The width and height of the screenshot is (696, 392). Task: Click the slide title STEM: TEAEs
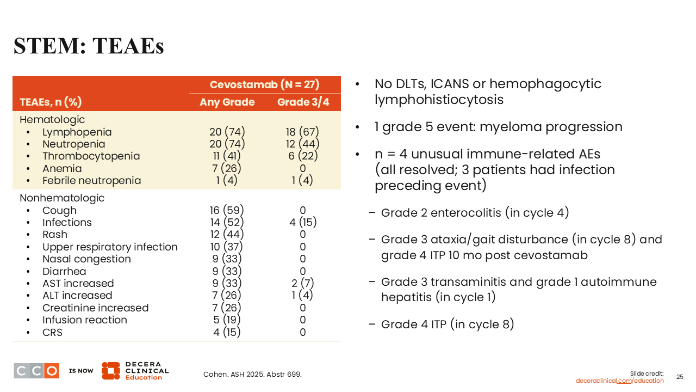tap(89, 46)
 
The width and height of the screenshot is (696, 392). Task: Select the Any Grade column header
tap(227, 102)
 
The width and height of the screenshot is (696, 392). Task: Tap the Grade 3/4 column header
tap(303, 102)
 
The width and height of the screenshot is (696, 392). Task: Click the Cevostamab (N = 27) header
tap(264, 85)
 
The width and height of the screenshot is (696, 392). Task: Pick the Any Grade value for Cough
tap(227, 211)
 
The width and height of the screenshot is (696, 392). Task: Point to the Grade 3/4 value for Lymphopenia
tap(302, 132)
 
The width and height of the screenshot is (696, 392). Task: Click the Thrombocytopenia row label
tap(91, 156)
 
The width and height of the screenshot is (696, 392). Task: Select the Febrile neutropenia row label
tap(91, 180)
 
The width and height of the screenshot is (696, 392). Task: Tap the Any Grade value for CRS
tap(227, 332)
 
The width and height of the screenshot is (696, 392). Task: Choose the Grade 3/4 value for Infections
tap(302, 223)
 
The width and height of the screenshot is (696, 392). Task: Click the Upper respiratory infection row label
tap(110, 247)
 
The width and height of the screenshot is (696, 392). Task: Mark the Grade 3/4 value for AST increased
tap(302, 284)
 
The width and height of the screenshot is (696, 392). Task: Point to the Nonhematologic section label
tap(62, 198)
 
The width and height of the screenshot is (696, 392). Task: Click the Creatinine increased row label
tap(95, 308)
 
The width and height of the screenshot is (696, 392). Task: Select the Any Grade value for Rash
tap(227, 235)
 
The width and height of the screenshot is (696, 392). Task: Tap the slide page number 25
tap(680, 377)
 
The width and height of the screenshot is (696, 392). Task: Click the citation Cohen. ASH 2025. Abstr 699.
tap(252, 375)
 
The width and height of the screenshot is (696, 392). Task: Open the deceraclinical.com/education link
tap(619, 381)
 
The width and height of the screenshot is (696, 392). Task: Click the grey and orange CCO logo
tap(36, 371)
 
